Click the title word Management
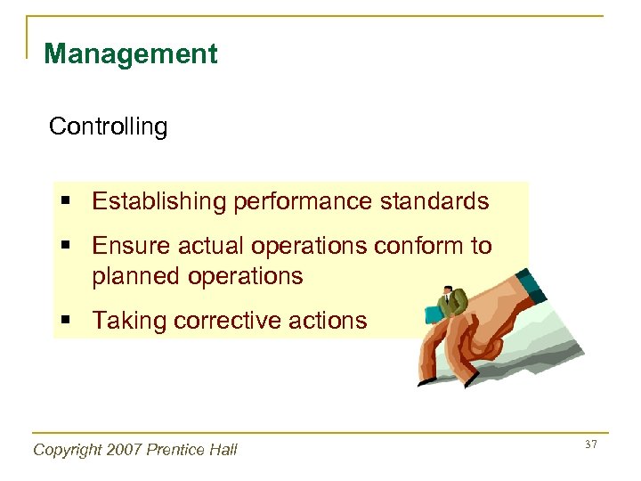tap(130, 54)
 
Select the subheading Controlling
tap(108, 126)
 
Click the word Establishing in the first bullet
tap(158, 201)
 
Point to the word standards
tap(434, 201)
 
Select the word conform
tap(417, 246)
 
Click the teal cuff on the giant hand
tap(533, 286)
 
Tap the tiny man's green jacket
tap(451, 306)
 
